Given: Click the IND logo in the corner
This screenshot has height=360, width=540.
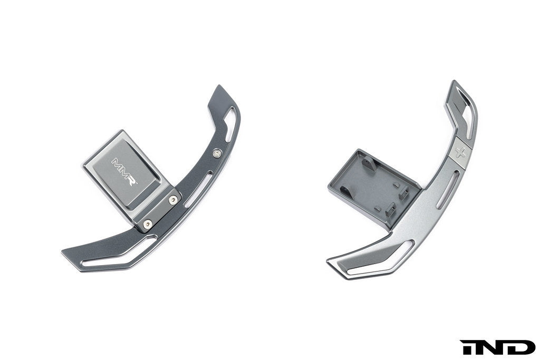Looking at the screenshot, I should [x=497, y=347].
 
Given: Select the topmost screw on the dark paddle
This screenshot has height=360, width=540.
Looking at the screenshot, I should [x=217, y=153].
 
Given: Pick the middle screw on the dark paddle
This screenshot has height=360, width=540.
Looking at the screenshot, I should [x=173, y=200].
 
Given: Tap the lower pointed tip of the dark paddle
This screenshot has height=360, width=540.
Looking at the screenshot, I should [x=65, y=254].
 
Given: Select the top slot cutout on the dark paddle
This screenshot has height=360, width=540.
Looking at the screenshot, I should [x=231, y=124].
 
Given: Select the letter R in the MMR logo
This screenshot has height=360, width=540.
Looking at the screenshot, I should [x=132, y=180].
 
